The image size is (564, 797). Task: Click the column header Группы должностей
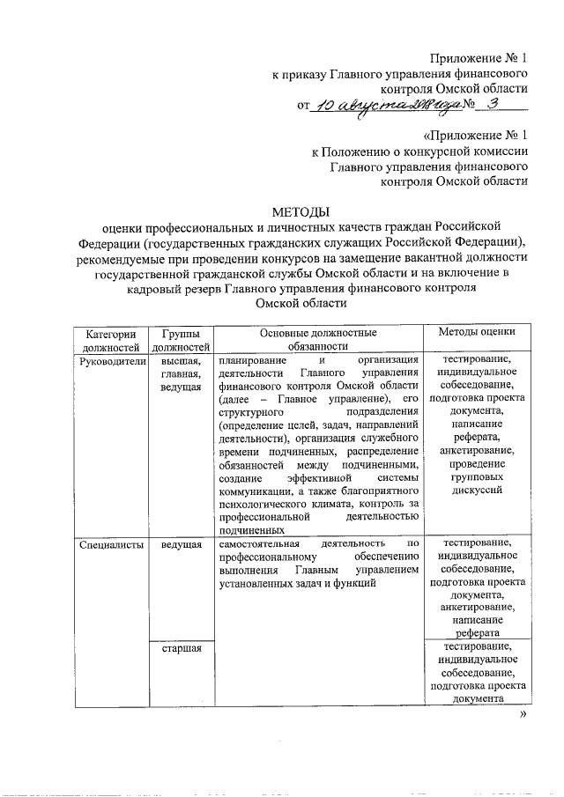coord(180,340)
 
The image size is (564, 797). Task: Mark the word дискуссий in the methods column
coord(476,491)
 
